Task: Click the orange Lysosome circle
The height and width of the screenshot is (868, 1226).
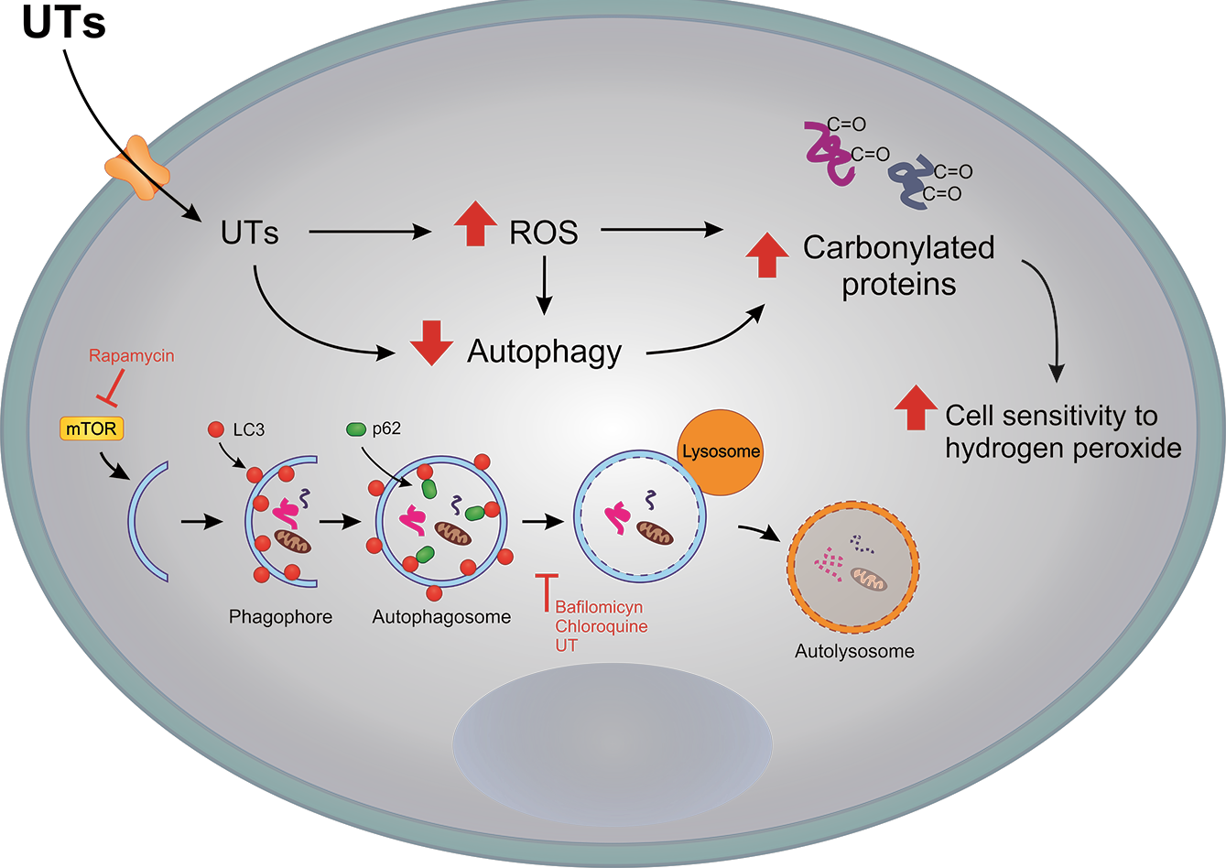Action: [x=719, y=452]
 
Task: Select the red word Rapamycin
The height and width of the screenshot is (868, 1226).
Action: [x=131, y=356]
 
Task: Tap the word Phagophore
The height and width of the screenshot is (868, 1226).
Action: [x=280, y=616]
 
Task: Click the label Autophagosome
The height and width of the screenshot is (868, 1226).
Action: [x=441, y=616]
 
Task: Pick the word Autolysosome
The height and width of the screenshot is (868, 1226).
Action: [x=853, y=652]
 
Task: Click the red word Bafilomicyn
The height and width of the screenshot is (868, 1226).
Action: [x=599, y=608]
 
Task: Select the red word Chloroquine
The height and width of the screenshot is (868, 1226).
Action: [x=601, y=627]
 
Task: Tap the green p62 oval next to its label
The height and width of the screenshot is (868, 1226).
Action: [x=356, y=429]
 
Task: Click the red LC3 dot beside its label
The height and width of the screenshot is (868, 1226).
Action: [x=216, y=429]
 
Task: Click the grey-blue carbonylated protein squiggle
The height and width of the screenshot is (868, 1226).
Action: [x=913, y=183]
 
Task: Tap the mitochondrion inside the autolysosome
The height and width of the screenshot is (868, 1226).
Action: [x=869, y=579]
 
